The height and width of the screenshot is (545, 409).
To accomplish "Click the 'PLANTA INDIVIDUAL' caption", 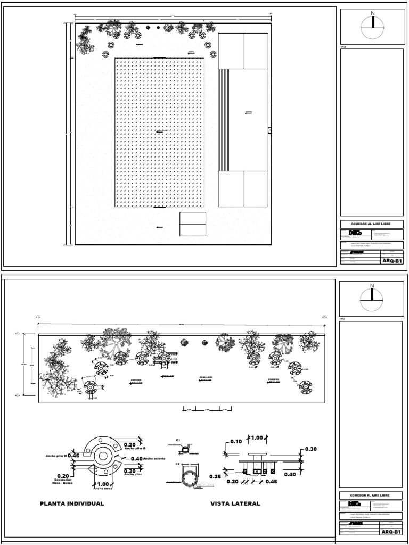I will coord(72,503).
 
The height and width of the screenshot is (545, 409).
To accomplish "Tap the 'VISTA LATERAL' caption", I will coord(235,503).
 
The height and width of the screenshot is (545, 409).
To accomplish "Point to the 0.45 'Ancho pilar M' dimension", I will coord(73,455).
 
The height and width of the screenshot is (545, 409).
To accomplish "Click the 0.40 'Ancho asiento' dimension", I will coord(136,458).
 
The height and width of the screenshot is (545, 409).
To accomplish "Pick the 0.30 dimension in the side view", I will coord(309,449).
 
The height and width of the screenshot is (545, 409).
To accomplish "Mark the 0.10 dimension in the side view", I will coord(236,441).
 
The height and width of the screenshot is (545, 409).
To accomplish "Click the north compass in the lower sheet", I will coord(372,299).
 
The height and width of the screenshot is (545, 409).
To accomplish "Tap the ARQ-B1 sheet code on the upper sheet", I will coord(391,261).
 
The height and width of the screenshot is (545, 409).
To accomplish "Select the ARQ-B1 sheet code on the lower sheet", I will coord(391,532).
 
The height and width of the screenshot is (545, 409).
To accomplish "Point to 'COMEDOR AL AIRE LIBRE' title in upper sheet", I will coord(371,224).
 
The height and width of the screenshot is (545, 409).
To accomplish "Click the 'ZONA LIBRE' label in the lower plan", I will coord(206,377).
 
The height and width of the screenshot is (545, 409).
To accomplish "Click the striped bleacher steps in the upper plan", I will coord(224,119).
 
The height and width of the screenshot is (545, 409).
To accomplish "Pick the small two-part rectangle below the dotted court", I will coord(192,224).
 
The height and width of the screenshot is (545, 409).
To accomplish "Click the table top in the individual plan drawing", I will coord(101,456).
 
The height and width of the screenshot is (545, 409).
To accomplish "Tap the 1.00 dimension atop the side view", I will coord(258,438).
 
